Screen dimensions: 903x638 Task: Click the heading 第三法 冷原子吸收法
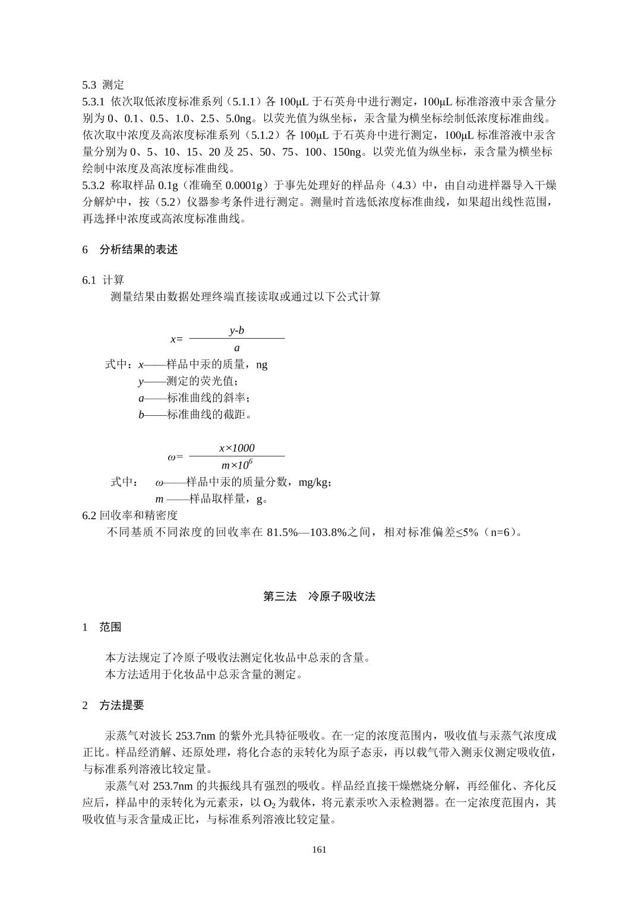(319, 596)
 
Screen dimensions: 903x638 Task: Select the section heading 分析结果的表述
(138, 250)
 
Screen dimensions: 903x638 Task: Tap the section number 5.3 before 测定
(90, 84)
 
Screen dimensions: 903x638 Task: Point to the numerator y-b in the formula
(236, 330)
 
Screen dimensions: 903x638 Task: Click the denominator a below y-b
(236, 348)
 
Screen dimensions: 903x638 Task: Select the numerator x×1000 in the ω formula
(236, 448)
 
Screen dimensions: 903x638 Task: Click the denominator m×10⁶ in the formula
(236, 465)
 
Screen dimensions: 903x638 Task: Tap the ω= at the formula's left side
(175, 457)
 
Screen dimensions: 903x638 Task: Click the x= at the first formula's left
(176, 339)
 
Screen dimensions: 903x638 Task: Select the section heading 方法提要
(121, 705)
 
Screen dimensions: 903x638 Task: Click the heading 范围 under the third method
(110, 627)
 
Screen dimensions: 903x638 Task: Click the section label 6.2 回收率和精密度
(130, 515)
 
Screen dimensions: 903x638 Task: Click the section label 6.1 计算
(103, 280)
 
